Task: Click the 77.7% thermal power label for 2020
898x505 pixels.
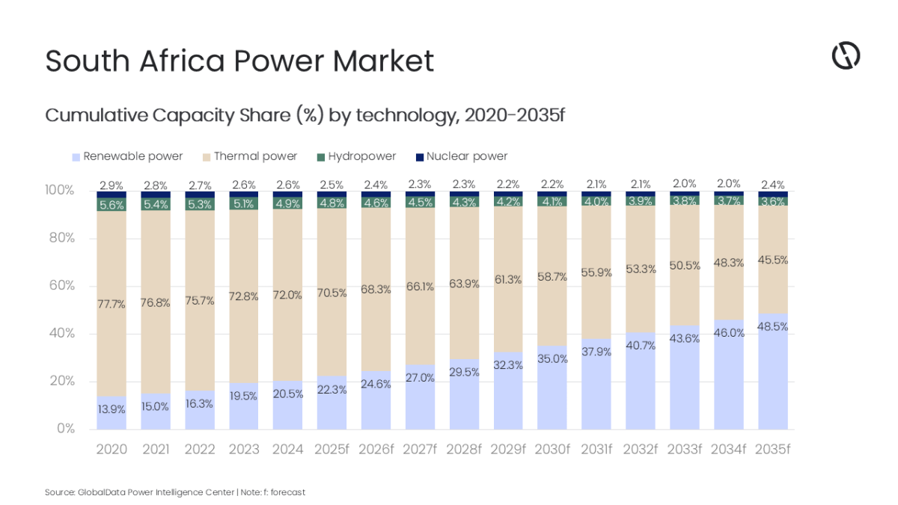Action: (x=112, y=304)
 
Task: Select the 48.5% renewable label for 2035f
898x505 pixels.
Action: (x=772, y=327)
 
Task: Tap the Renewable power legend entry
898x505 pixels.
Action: (x=127, y=156)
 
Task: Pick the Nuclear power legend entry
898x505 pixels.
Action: (x=462, y=156)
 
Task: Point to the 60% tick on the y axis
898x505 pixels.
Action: (x=61, y=286)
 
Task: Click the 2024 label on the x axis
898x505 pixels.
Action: (x=287, y=450)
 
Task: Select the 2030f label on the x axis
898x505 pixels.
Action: (x=552, y=450)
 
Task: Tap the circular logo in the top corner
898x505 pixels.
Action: (x=846, y=56)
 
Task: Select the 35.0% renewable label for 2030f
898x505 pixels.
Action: (x=552, y=358)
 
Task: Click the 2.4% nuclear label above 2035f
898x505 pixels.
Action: (x=772, y=184)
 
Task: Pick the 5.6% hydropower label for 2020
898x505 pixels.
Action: (x=112, y=204)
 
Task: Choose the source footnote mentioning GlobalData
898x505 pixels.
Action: (x=174, y=492)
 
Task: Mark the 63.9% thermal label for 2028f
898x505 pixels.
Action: (x=464, y=283)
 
